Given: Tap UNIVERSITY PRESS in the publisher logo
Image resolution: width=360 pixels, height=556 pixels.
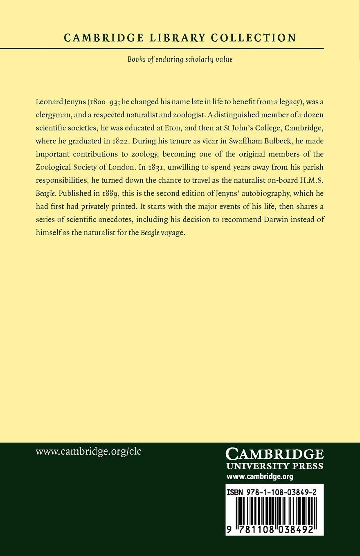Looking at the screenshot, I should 274,466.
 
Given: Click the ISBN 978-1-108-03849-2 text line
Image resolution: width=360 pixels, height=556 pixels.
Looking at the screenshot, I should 274,491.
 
